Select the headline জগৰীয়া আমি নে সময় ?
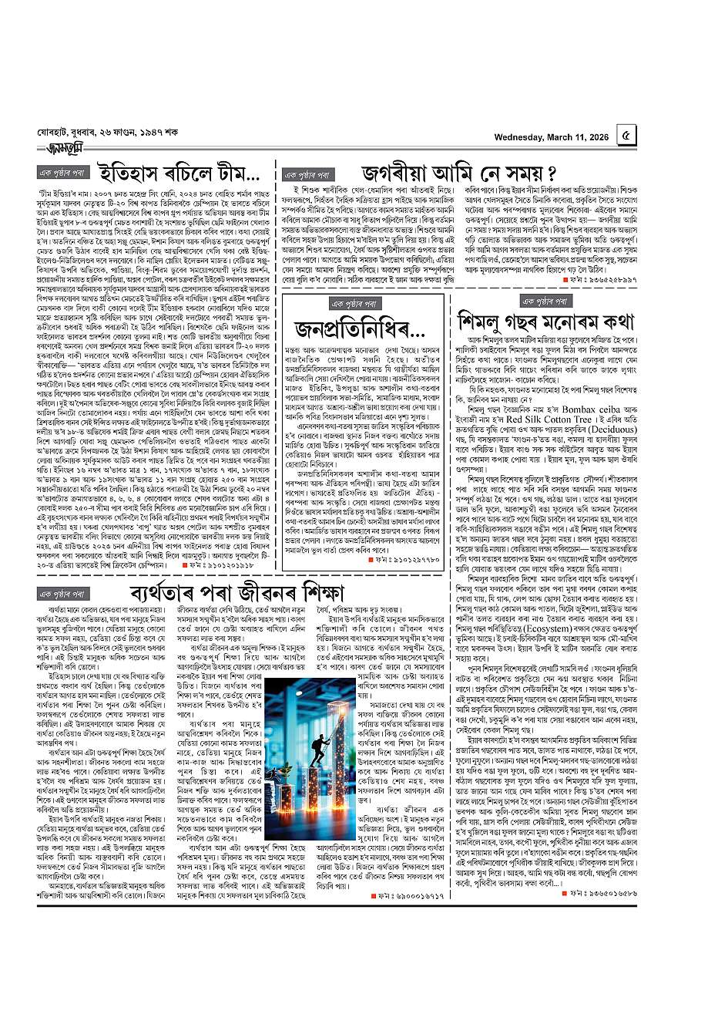tap(453, 171)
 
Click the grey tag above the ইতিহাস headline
tap(65, 170)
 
